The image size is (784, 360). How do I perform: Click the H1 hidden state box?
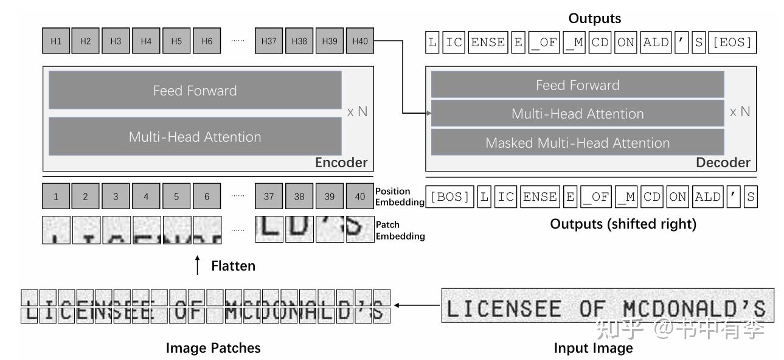pos(55,41)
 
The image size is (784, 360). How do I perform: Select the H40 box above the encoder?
pos(359,41)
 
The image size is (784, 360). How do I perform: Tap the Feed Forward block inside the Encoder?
pos(195,91)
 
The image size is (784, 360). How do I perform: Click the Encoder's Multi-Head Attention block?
pos(195,137)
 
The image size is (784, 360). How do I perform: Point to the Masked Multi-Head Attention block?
pos(577,143)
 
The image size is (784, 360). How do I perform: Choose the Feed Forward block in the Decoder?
pos(577,85)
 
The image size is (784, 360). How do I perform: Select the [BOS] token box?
pos(449,197)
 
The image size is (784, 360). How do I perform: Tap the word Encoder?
pos(341,162)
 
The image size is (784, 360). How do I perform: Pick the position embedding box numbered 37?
pos(268,197)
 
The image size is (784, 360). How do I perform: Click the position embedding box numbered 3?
pos(116,197)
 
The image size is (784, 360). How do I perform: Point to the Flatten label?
pos(233,266)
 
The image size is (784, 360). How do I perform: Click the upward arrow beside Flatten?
pos(196,266)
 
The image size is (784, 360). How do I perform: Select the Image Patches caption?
pos(213,348)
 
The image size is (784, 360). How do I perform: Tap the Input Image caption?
pos(593,348)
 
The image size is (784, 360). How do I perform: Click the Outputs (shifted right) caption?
pos(623,224)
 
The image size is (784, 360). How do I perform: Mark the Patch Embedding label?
pos(400,230)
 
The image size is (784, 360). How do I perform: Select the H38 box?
pos(299,41)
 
